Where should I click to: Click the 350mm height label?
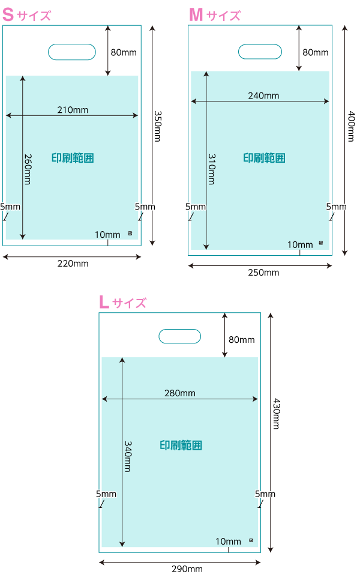click(158, 126)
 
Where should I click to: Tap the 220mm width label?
click(73, 263)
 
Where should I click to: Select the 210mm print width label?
click(73, 110)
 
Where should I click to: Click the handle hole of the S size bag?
click(72, 52)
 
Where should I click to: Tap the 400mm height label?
click(351, 128)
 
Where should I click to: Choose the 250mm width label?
click(263, 273)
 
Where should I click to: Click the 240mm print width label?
click(263, 95)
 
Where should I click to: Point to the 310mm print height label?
click(211, 169)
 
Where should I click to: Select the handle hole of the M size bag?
click(260, 52)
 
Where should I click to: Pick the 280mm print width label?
click(179, 393)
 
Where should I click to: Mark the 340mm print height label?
click(128, 456)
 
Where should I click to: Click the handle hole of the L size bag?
click(179, 336)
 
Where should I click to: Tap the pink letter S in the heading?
click(8, 15)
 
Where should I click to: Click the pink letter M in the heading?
click(196, 15)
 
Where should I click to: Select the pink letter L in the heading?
click(104, 302)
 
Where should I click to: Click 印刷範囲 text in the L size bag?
click(181, 445)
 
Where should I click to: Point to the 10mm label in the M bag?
click(300, 244)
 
